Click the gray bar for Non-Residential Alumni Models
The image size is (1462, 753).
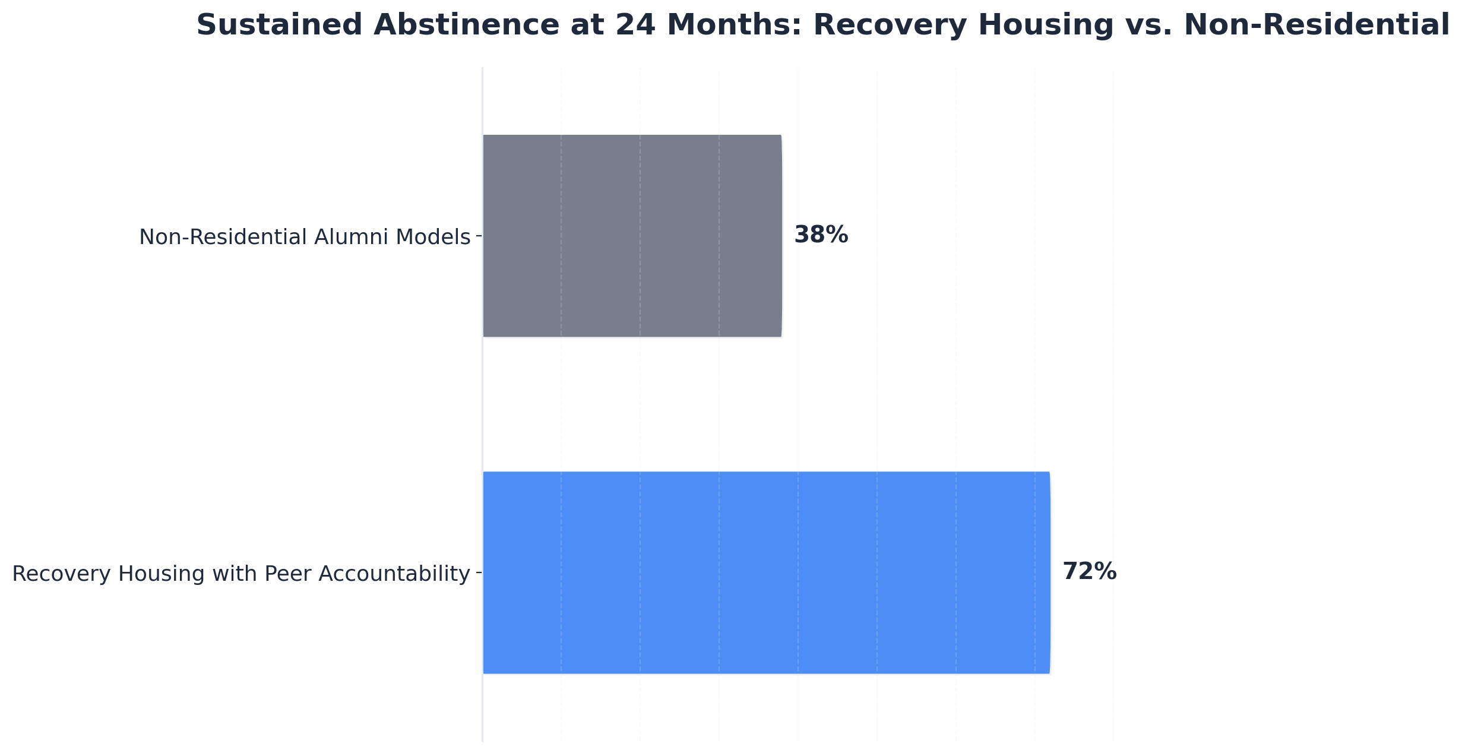click(x=632, y=236)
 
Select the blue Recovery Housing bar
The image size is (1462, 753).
click(x=766, y=572)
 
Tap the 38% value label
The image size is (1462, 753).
click(x=821, y=235)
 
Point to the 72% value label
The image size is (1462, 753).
click(x=1089, y=572)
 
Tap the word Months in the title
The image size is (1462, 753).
click(x=734, y=26)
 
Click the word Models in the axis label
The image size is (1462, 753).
click(x=433, y=237)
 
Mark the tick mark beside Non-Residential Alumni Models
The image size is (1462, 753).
click(x=479, y=236)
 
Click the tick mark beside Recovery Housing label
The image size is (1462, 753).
click(x=479, y=573)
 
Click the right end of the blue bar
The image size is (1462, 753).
click(x=1049, y=572)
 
